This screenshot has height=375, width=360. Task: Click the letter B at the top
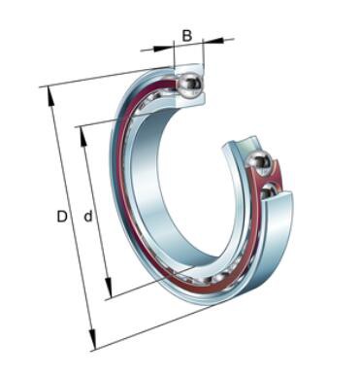point(187,36)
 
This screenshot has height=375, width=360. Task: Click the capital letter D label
point(62,217)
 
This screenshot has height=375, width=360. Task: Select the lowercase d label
point(88,216)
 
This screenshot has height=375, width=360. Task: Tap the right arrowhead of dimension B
point(213,41)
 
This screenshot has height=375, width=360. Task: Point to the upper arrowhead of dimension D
point(50,96)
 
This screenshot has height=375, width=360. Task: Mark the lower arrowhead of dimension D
point(92,339)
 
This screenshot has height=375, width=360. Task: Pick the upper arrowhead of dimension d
point(83,137)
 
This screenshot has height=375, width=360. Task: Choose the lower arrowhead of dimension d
point(109,288)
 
